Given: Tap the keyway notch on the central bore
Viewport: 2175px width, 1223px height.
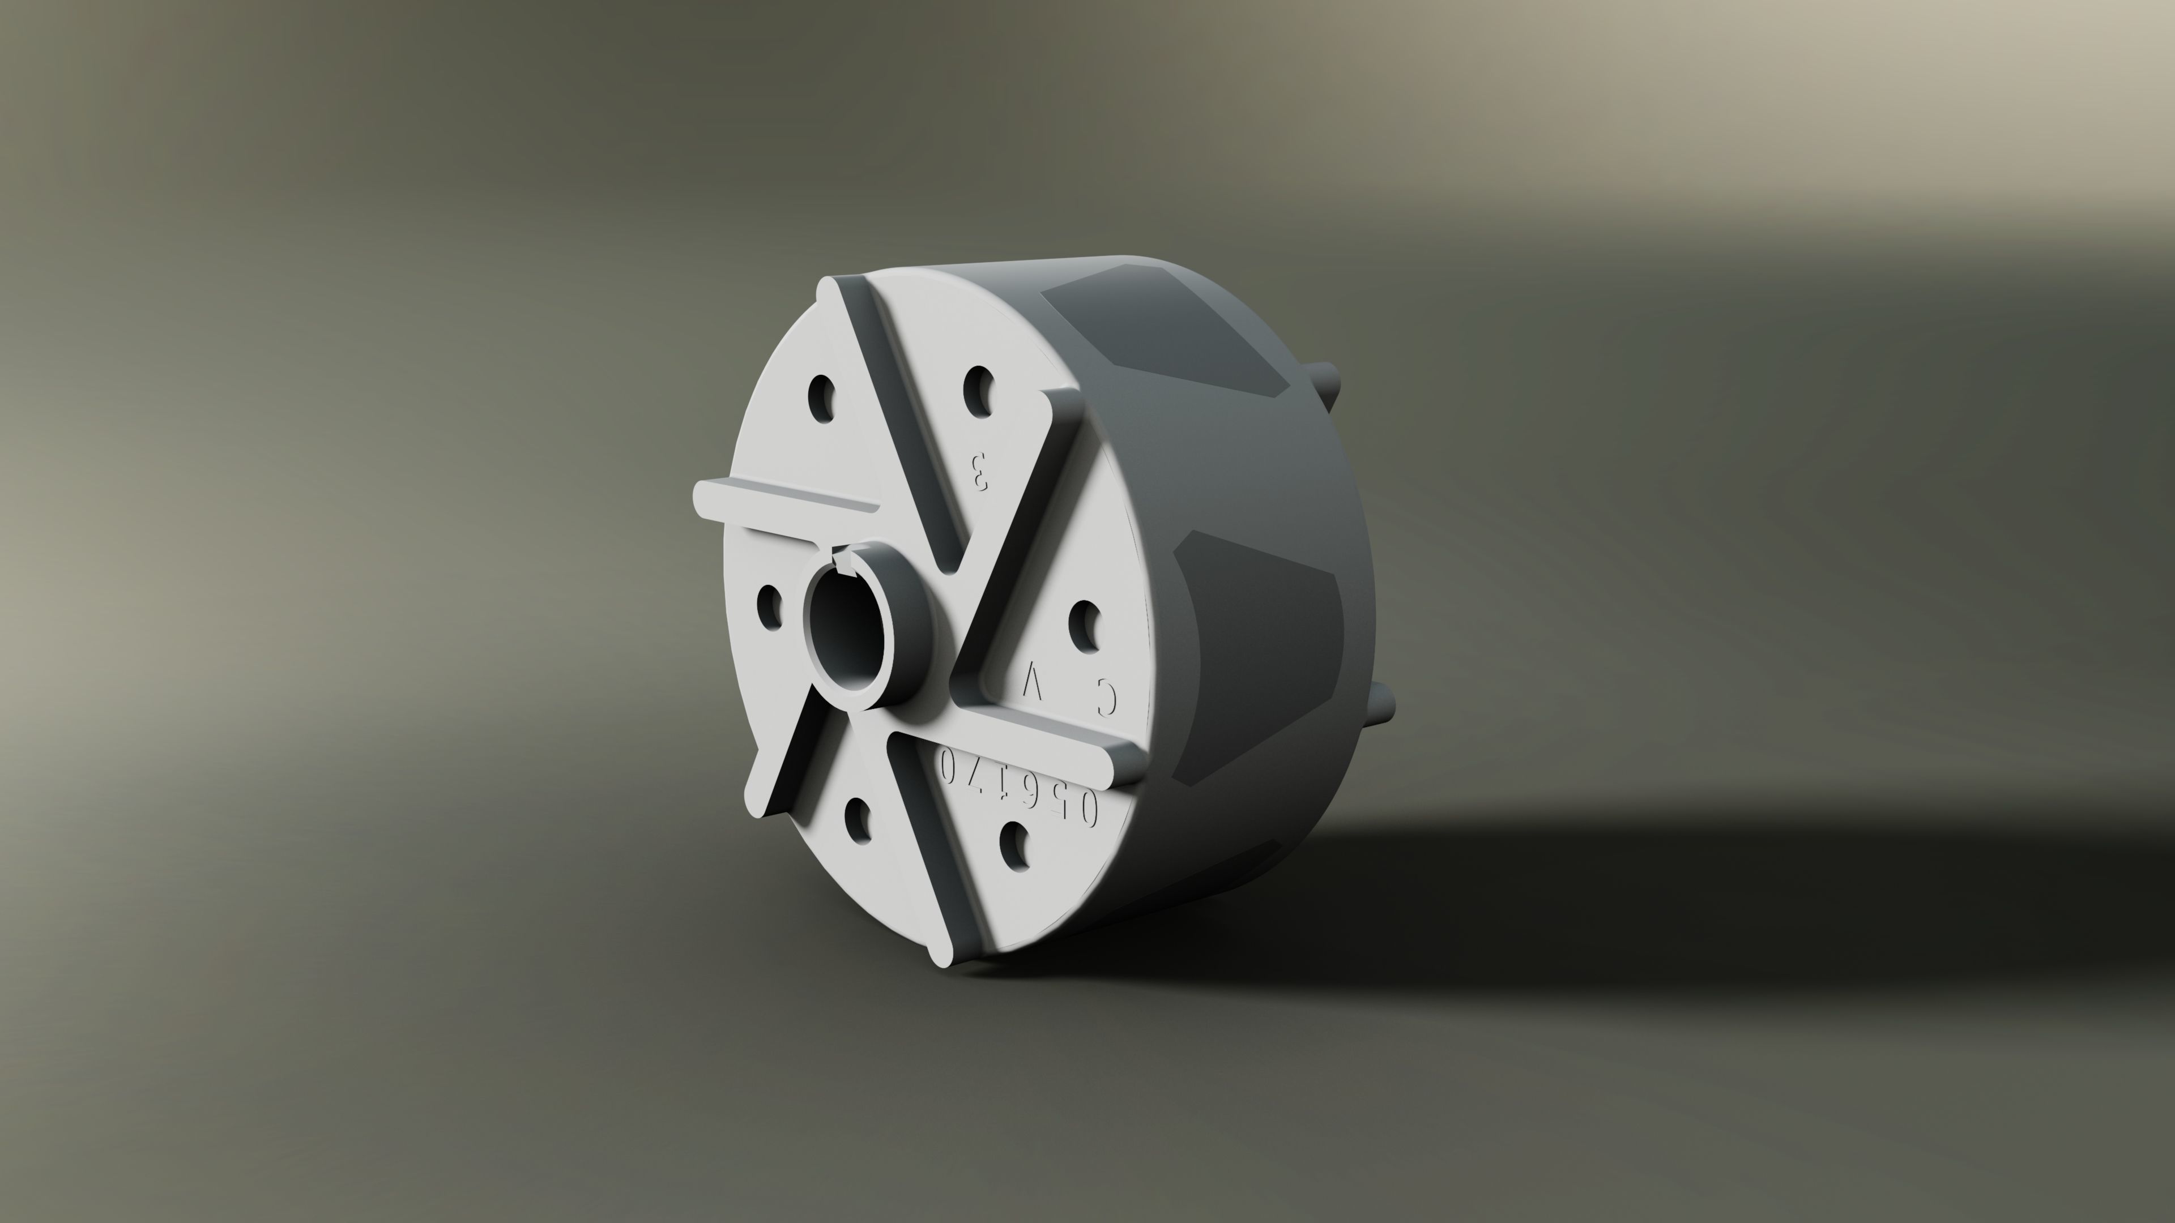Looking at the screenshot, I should click(x=842, y=559).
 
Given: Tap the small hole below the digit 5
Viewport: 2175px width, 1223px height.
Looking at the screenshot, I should click(x=1015, y=848).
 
